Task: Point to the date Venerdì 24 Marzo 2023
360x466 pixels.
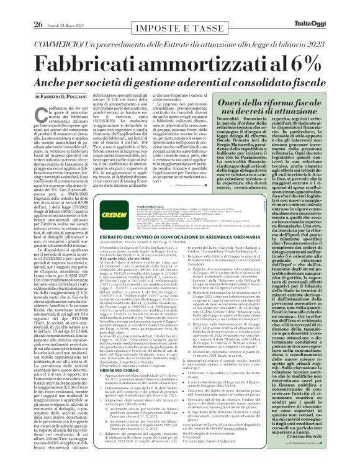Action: pos(54,8)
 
